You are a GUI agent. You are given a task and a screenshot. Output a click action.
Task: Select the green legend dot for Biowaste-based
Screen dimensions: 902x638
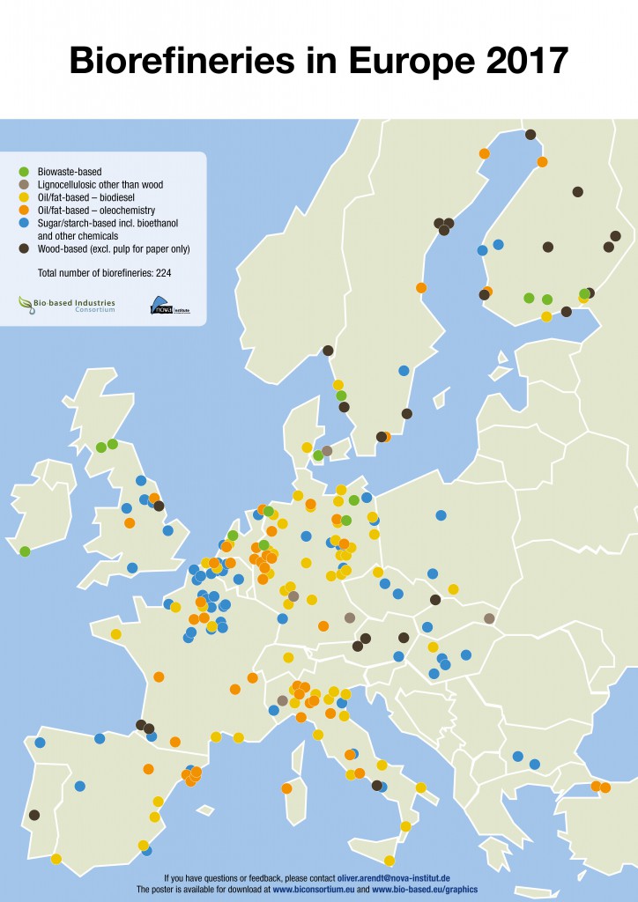tap(25, 171)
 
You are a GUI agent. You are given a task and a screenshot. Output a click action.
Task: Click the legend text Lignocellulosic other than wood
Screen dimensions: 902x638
tap(100, 185)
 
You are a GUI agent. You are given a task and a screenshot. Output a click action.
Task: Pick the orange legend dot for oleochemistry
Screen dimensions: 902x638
tap(25, 211)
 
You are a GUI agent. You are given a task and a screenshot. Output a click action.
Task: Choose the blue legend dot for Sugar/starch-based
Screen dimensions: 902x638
tap(25, 224)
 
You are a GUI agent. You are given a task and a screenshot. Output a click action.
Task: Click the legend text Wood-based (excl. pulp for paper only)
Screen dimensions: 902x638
tap(114, 249)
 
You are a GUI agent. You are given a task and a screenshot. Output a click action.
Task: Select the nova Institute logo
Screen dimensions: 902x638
tap(170, 306)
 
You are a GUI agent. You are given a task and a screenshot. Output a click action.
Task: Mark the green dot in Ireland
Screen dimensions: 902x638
tap(25, 551)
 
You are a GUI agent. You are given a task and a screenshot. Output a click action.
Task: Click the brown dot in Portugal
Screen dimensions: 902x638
tap(34, 815)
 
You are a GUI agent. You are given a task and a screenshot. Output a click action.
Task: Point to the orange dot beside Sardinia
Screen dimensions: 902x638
tap(286, 787)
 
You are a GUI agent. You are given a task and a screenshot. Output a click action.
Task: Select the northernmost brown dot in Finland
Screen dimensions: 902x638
tap(530, 135)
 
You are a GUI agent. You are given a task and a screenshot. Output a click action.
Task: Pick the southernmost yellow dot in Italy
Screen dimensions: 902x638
tap(389, 861)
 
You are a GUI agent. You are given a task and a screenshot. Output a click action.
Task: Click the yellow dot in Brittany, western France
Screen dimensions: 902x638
tap(115, 634)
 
